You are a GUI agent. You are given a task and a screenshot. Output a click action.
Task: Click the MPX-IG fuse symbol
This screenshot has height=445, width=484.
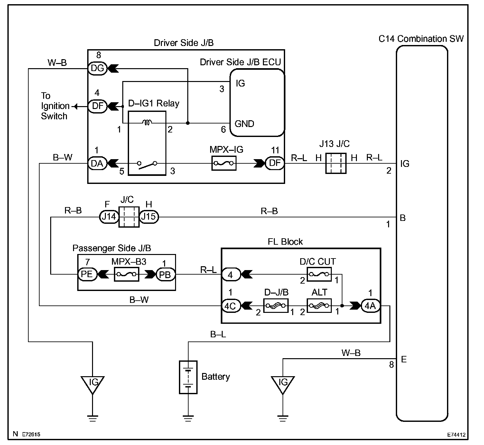tap(224, 163)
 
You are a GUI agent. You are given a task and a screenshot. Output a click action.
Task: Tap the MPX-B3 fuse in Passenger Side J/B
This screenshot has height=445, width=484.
tap(126, 274)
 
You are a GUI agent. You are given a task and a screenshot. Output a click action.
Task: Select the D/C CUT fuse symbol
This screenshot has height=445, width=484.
tap(319, 274)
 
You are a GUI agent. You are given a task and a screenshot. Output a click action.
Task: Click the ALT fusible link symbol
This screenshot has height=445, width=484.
tap(319, 306)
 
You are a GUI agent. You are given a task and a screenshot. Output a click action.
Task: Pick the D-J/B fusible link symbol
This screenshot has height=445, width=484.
tap(276, 306)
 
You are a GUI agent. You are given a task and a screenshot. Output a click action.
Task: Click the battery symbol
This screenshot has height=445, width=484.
tap(188, 377)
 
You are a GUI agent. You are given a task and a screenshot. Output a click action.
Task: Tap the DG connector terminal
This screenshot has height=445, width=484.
tap(97, 68)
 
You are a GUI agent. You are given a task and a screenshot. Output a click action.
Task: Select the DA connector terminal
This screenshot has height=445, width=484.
tap(97, 163)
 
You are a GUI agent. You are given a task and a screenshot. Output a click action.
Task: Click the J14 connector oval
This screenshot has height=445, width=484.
tap(109, 217)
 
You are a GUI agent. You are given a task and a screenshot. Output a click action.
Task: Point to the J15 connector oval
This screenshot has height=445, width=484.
tap(149, 217)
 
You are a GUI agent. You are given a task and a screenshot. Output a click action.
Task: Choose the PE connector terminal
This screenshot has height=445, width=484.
tap(87, 274)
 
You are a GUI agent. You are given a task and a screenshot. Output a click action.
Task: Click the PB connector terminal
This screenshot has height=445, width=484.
tap(165, 275)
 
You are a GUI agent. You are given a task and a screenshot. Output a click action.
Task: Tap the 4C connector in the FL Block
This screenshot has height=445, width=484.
tap(231, 306)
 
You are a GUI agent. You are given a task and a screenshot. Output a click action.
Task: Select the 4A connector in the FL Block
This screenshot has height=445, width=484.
tap(371, 306)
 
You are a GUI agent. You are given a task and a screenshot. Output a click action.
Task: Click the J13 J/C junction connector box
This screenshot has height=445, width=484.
tap(336, 163)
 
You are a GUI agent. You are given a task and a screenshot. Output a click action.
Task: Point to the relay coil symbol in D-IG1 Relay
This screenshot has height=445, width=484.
tap(147, 123)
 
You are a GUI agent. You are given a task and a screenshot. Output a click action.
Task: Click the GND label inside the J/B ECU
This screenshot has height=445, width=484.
tap(244, 124)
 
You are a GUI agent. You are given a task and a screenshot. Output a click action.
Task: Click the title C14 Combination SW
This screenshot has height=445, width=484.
tap(421, 39)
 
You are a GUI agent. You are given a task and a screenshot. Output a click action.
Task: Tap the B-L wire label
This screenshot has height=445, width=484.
tap(218, 334)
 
